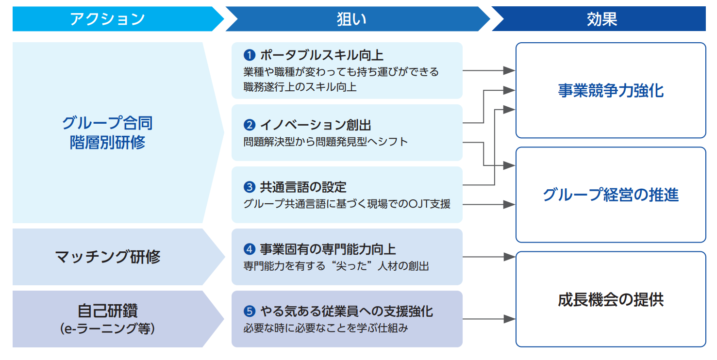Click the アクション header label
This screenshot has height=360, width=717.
(107, 19)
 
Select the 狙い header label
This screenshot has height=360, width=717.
(351, 19)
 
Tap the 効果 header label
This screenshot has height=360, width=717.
(601, 19)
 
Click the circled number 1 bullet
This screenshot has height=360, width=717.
(249, 55)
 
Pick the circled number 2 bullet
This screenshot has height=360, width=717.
(249, 125)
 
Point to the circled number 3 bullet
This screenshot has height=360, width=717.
(249, 187)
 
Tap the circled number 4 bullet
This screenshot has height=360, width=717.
(249, 249)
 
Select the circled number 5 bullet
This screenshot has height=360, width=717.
(249, 311)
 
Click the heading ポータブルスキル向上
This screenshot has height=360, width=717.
(322, 55)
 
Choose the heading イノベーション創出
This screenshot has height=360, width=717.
(316, 125)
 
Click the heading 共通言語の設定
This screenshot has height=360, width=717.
(303, 187)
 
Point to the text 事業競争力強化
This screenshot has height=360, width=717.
(611, 91)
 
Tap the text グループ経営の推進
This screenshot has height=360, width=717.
(611, 195)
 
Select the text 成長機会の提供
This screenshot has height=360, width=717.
(611, 299)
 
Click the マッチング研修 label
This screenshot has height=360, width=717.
(108, 257)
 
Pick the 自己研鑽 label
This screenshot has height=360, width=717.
(108, 311)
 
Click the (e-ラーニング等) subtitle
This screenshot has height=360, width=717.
(108, 329)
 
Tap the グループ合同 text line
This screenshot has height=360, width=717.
(107, 123)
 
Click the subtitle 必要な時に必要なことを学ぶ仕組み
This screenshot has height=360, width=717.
(326, 328)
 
